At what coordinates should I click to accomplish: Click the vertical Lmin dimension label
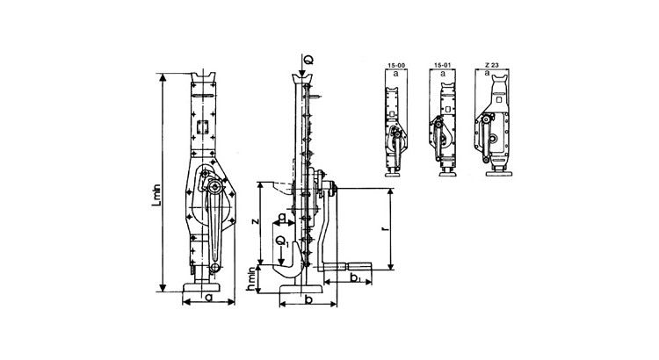point(156,196)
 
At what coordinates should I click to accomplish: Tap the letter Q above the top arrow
point(309,60)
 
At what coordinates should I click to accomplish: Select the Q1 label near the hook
point(282,241)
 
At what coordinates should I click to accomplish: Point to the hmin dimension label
point(251,279)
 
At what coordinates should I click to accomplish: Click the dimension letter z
point(254,221)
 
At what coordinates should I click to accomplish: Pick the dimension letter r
point(387,229)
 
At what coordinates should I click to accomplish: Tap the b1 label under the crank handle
point(355,277)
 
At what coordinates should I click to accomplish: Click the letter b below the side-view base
point(308,299)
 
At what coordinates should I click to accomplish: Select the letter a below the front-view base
point(209,298)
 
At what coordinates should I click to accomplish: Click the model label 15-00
point(395,65)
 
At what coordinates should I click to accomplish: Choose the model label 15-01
point(442,65)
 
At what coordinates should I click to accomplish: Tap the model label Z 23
point(491,65)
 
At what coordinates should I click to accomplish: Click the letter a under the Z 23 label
point(487,73)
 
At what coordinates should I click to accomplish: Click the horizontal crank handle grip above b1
point(358,266)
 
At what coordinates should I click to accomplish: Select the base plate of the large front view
point(202,287)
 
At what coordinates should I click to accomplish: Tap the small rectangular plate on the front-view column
point(203,126)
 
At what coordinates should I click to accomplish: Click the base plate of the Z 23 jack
point(499,173)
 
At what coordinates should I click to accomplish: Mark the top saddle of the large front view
point(203,77)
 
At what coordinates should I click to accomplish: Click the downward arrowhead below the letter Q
point(302,74)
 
